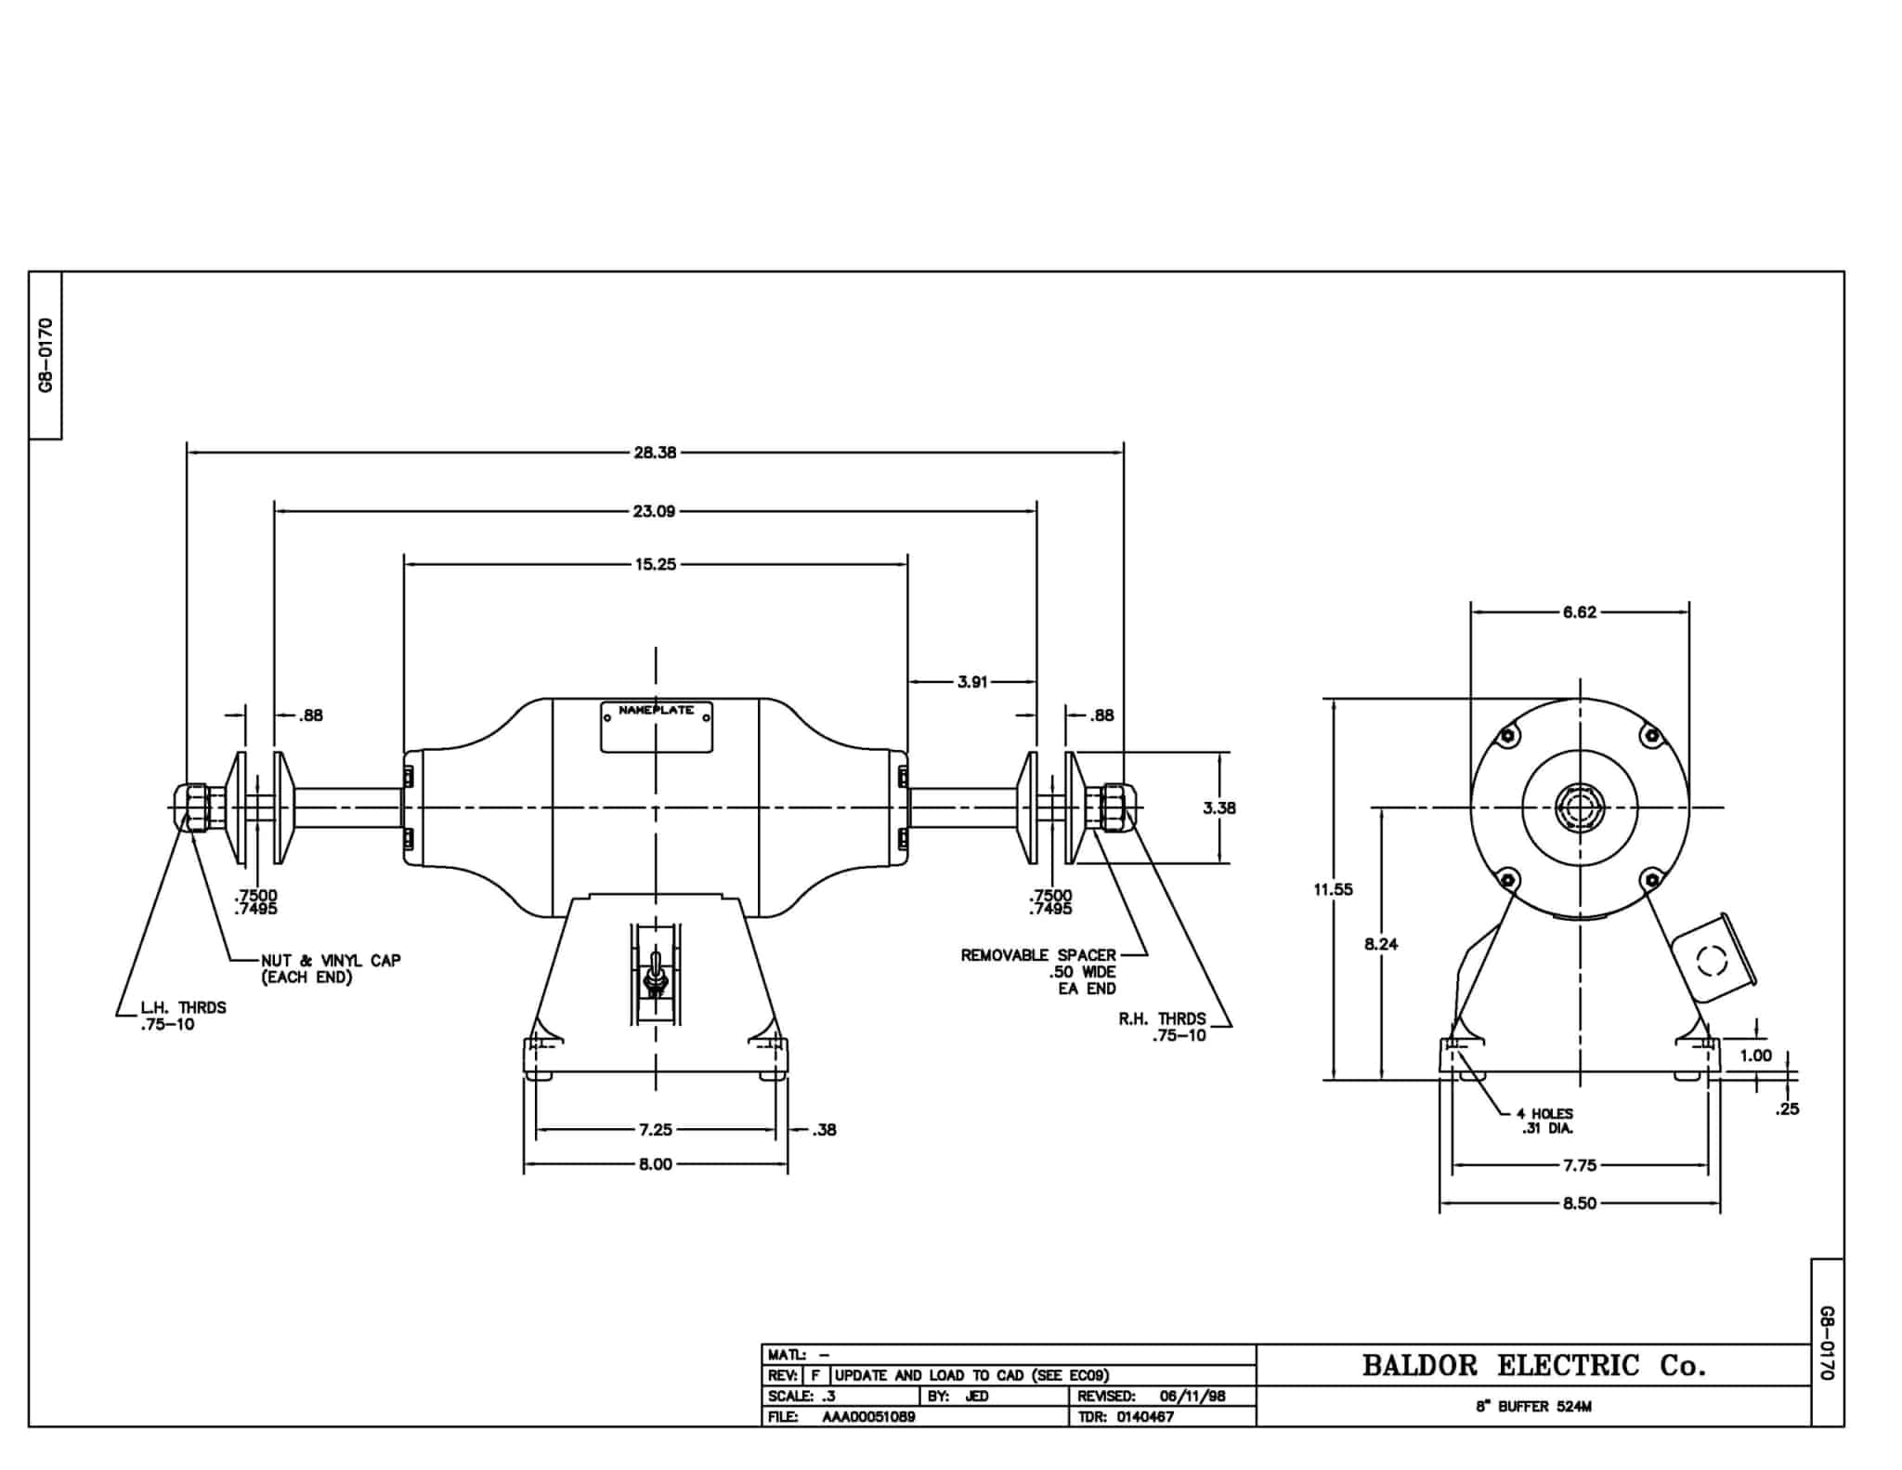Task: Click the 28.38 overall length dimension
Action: pos(655,453)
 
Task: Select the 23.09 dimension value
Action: pos(655,511)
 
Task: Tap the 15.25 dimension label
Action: pos(656,564)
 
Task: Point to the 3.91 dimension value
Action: pos(972,682)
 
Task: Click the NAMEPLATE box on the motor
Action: pos(657,727)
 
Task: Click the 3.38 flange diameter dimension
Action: pos(1219,807)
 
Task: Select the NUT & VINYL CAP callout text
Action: pos(331,968)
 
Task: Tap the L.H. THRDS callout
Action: pos(183,1016)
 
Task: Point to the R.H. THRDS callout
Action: pos(1163,1027)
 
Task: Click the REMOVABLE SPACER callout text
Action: pos(1038,971)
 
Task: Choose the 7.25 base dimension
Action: pos(656,1130)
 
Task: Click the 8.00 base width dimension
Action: pos(656,1164)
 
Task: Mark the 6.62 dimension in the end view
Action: pos(1580,612)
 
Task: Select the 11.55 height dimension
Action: pos(1334,889)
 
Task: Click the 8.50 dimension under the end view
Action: pos(1580,1203)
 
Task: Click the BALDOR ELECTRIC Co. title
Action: pos(1534,1365)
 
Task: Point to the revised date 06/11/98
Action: pos(1193,1397)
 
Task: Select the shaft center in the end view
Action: pos(1580,807)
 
